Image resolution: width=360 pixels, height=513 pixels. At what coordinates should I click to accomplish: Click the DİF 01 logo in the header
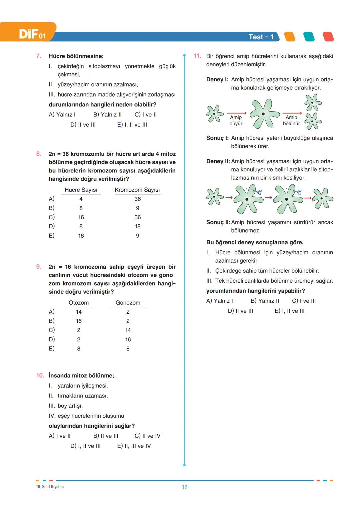point(32,34)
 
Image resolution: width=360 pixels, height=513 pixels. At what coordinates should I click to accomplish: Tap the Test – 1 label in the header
point(261,37)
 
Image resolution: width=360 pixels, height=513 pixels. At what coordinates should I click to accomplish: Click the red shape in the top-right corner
point(328,37)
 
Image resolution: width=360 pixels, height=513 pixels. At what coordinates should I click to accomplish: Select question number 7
point(39,56)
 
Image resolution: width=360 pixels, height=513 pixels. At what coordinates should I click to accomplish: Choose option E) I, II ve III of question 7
point(132,125)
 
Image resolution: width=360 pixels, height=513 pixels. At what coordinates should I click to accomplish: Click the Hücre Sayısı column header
point(81,190)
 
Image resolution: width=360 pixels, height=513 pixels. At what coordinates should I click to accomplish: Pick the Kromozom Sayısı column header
point(137,190)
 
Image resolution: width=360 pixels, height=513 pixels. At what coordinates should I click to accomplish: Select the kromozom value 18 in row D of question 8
point(137,226)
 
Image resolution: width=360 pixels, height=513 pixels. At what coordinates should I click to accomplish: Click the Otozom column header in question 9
point(79,303)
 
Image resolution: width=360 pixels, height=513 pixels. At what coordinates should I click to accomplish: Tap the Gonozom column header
point(128,303)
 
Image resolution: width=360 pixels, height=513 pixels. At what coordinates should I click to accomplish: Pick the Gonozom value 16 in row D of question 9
point(128,339)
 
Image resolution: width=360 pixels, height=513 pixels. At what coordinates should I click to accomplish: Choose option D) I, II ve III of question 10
point(85,446)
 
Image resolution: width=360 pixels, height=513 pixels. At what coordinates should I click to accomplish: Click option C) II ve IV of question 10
point(147,436)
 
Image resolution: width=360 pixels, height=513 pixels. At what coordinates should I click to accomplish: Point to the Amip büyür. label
point(236,120)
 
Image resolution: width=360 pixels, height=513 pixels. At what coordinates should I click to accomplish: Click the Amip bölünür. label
point(292,120)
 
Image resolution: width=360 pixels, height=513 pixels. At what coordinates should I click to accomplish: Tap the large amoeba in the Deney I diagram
point(264,114)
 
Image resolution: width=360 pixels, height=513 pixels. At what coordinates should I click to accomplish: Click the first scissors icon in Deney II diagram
point(258,192)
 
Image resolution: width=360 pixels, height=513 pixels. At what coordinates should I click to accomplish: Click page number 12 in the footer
point(184,487)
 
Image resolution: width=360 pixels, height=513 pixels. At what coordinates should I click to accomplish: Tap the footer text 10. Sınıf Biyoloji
point(50,487)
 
